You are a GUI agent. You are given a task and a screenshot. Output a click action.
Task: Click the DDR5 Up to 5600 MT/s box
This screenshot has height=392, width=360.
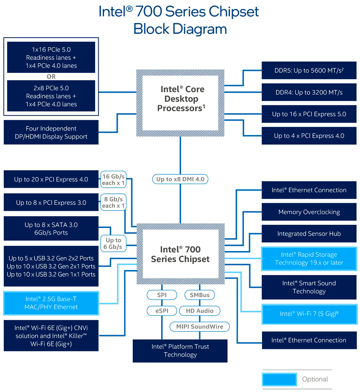(309, 70)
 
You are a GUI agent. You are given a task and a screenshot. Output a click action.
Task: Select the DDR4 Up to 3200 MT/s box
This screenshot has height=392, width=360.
(309, 92)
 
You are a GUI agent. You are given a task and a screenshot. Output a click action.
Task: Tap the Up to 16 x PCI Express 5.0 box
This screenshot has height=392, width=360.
(309, 114)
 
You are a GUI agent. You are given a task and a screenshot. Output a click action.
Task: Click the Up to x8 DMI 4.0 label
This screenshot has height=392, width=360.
(180, 179)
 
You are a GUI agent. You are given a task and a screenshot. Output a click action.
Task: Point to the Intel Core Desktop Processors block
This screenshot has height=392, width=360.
(180, 99)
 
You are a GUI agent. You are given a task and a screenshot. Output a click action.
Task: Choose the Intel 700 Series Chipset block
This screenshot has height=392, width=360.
(180, 254)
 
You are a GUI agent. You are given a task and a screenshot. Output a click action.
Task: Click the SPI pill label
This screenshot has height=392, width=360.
(162, 295)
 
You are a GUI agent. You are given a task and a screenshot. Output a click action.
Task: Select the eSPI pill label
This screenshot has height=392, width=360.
(162, 311)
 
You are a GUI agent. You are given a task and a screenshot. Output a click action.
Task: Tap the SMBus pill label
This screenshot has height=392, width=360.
(200, 295)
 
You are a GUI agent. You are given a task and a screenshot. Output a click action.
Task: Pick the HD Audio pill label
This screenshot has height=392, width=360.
(200, 311)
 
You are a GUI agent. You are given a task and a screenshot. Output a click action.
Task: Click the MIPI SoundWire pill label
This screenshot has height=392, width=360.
(200, 327)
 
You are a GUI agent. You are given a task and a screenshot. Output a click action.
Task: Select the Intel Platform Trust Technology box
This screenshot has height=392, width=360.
(180, 351)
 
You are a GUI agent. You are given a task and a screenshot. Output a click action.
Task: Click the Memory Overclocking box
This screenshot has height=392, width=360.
(309, 212)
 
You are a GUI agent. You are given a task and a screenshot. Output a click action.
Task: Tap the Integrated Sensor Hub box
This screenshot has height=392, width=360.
(309, 234)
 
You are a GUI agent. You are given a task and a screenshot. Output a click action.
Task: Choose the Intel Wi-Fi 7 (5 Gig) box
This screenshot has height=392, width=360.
(309, 314)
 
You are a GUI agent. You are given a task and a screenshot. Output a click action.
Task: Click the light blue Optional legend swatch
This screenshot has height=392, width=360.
(279, 379)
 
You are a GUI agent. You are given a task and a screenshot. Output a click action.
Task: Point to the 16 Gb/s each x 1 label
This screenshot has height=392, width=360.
(113, 179)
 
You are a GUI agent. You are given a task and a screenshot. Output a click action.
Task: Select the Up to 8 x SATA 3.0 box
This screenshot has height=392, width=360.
(51, 229)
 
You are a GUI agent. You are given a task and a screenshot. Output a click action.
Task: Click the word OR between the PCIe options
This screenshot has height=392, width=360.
(51, 77)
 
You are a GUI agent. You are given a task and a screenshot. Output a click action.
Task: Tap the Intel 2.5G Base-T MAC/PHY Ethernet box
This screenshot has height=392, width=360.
(51, 303)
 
